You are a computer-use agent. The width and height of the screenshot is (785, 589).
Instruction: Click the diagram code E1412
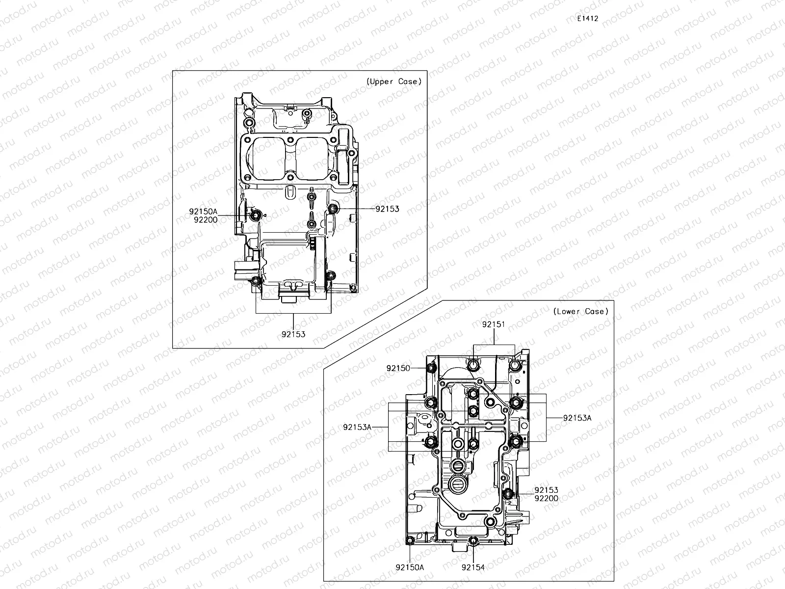(587, 19)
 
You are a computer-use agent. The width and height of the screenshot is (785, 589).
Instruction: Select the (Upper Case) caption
(394, 81)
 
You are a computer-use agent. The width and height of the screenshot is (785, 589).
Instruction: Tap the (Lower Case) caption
(580, 311)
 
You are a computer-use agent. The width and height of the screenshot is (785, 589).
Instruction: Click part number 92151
(493, 324)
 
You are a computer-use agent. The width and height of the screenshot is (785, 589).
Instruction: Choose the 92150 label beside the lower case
(398, 368)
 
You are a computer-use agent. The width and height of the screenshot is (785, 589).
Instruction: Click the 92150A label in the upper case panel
(203, 212)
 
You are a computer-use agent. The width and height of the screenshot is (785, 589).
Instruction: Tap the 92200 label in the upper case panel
(205, 220)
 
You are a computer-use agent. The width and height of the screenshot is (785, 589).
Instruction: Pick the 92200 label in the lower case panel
(546, 498)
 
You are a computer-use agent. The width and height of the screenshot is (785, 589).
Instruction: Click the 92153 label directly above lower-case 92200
(546, 490)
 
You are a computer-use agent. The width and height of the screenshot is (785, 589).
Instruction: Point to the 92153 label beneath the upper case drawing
(293, 334)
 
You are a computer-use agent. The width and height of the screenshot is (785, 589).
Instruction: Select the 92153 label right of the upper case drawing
(387, 209)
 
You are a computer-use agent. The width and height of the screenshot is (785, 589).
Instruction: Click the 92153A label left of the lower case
(357, 427)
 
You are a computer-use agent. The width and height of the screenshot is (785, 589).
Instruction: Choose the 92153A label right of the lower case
(577, 418)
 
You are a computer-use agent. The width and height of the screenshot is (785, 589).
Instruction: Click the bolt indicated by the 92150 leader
(431, 369)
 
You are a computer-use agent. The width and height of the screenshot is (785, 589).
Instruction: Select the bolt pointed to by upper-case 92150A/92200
(255, 215)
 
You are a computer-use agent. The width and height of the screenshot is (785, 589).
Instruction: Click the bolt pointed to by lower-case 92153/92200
(508, 493)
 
